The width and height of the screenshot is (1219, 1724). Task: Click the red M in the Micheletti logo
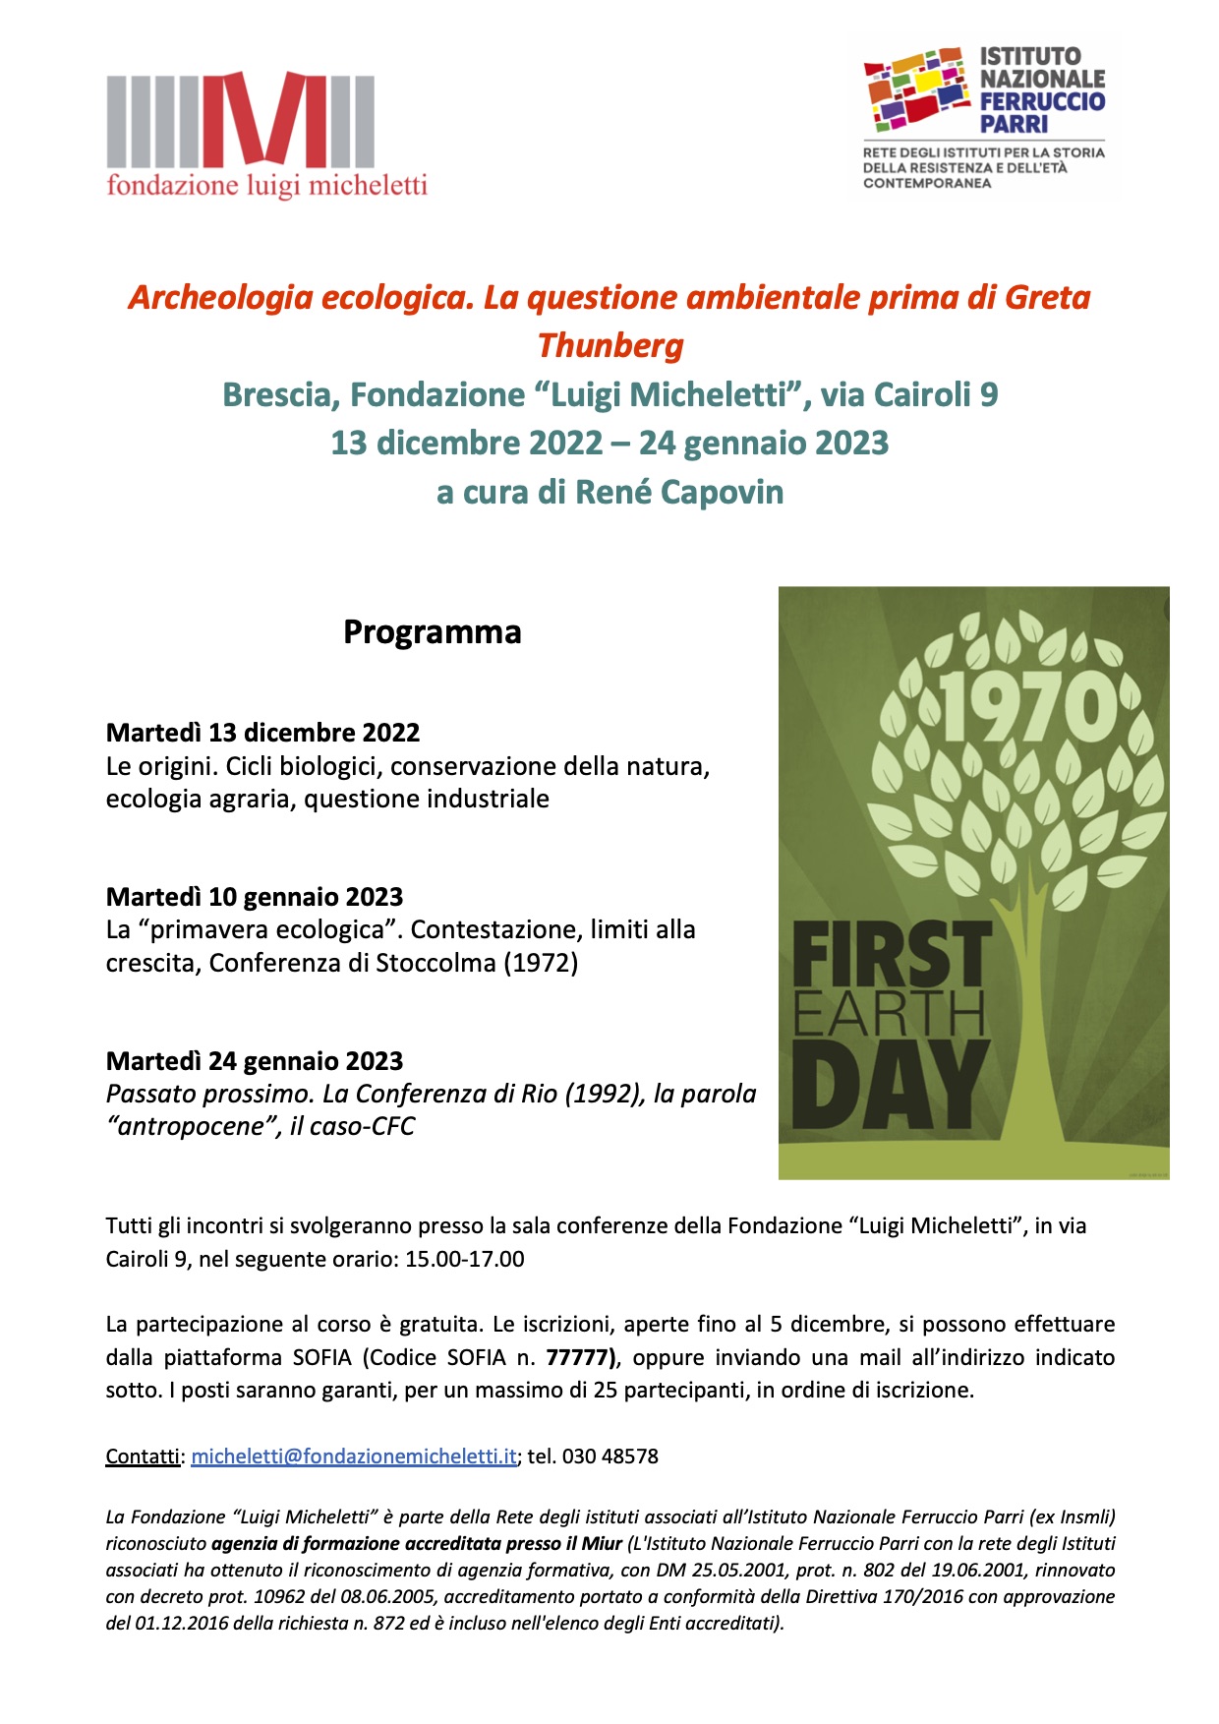tap(265, 119)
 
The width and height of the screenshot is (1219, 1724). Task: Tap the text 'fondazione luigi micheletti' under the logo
tap(266, 185)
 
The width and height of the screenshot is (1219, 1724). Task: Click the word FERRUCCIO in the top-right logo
tap(1042, 101)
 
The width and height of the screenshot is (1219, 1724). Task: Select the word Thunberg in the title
tap(609, 345)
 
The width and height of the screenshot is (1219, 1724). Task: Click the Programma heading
tap(432, 631)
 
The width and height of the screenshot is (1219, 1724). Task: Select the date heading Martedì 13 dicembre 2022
tap(262, 733)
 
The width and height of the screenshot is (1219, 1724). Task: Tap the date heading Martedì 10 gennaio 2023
tap(255, 897)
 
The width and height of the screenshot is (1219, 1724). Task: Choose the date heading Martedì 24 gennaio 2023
tap(255, 1061)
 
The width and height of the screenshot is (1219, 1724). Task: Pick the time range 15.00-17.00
tap(465, 1259)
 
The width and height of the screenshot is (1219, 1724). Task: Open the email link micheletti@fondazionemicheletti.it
tap(354, 1456)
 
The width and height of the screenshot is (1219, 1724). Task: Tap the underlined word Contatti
tap(143, 1456)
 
